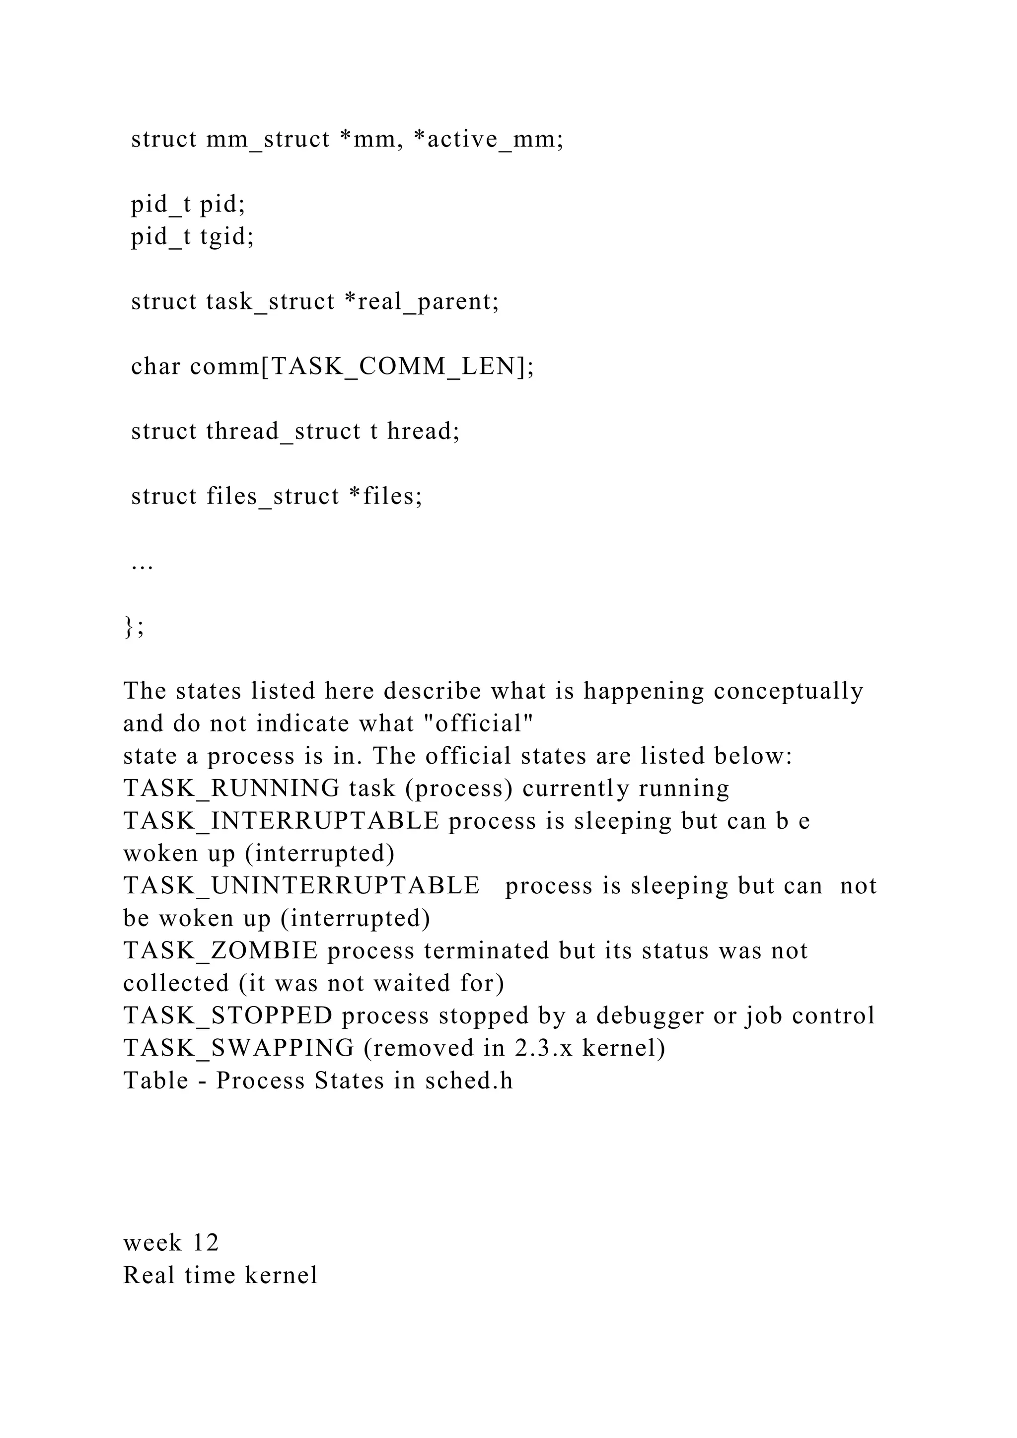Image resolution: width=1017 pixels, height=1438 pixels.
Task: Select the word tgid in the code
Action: [x=227, y=237]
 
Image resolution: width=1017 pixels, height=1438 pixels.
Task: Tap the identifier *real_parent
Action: [x=422, y=302]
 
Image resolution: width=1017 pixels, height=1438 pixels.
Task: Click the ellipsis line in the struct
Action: [x=142, y=564]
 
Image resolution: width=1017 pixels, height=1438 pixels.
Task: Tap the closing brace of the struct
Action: [x=129, y=626]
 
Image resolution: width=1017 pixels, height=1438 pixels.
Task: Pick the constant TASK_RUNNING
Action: [x=232, y=789]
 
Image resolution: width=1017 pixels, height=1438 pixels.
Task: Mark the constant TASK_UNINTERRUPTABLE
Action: [x=301, y=886]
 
